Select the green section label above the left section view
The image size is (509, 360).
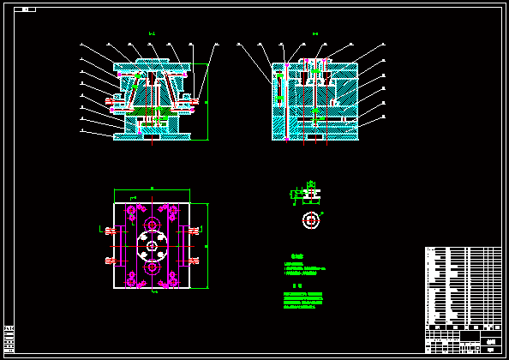point(152,34)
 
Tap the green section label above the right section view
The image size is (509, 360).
point(314,34)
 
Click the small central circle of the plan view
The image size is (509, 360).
point(152,247)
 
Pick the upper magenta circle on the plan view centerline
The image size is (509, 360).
point(152,225)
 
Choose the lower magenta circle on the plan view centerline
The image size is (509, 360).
point(152,267)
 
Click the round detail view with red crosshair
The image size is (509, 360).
point(310,220)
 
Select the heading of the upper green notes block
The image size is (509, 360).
point(297,255)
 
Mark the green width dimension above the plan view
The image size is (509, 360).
point(152,189)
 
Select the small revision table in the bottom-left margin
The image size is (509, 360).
point(9,338)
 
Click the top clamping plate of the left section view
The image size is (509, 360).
point(152,63)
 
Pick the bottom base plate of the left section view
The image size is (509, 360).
point(152,135)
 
